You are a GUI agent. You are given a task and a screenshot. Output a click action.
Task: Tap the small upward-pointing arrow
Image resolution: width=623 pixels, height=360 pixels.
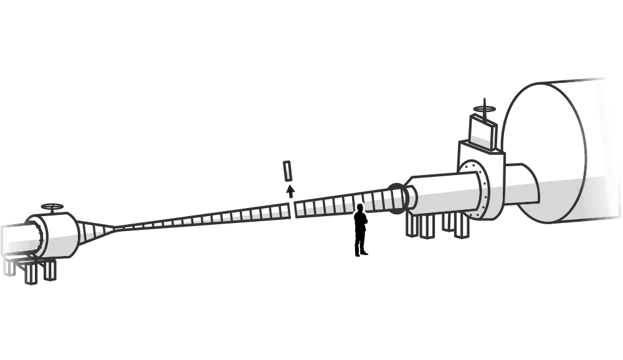pyautogui.click(x=290, y=190)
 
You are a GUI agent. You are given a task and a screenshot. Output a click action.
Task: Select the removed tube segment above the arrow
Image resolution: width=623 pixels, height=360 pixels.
pyautogui.click(x=287, y=171)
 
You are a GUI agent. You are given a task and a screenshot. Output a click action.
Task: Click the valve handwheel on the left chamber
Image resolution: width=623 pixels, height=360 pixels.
pyautogui.click(x=52, y=206)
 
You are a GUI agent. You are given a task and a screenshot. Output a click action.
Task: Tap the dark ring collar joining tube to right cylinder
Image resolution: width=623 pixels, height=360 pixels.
pyautogui.click(x=396, y=197)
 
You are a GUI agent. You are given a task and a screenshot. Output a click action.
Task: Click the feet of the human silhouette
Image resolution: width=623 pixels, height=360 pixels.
pyautogui.click(x=361, y=253)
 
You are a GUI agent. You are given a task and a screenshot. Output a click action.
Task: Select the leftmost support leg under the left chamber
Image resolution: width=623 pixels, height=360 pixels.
pyautogui.click(x=9, y=267)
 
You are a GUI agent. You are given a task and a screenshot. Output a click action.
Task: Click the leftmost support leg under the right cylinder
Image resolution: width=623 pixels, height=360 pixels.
pyautogui.click(x=412, y=225)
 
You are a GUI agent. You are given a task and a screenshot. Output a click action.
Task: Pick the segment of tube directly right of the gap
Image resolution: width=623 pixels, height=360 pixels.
pyautogui.click(x=300, y=208)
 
